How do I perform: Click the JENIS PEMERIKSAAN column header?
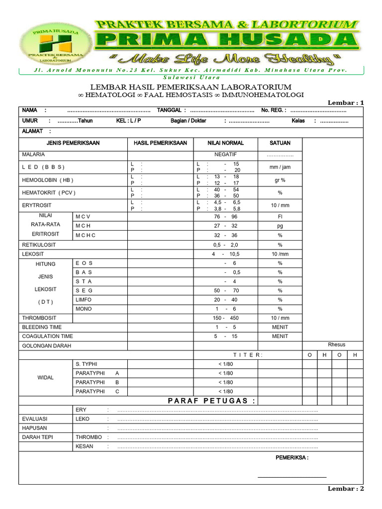point(73,143)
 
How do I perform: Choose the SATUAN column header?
point(280,143)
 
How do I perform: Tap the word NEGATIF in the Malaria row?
point(226,155)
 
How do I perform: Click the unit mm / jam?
point(280,167)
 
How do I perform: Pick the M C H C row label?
point(86,235)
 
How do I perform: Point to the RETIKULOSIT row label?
point(39,245)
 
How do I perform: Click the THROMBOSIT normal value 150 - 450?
point(226,318)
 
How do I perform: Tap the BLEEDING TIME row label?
point(42,327)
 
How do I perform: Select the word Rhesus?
point(337,344)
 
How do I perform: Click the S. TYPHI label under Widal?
point(88,364)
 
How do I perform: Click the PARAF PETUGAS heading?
point(212,401)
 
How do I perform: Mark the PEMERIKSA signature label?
point(292,457)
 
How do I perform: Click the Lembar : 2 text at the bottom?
point(346,489)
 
